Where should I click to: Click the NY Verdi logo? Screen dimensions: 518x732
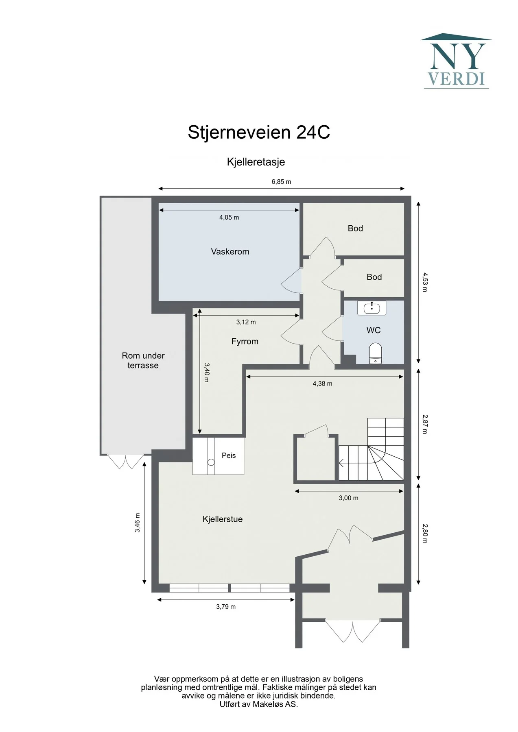[x=457, y=61]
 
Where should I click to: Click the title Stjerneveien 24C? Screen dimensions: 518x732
[x=259, y=132]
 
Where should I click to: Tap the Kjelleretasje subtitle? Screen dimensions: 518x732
[x=256, y=162]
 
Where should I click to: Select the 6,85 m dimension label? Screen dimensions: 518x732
[x=282, y=182]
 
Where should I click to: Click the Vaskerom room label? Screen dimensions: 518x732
[x=230, y=252]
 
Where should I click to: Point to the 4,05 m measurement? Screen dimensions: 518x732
[x=229, y=218]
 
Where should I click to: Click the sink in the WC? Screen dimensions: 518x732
[x=372, y=308]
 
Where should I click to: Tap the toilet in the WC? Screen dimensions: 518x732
[x=375, y=353]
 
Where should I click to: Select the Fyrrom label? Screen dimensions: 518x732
[x=245, y=342]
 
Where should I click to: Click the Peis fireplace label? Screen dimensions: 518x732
[x=229, y=455]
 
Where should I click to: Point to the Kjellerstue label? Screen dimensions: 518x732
[x=223, y=519]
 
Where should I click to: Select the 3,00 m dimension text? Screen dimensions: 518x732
[x=349, y=498]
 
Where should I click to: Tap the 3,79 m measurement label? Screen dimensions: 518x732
[x=226, y=607]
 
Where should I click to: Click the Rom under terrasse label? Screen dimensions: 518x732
[x=143, y=361]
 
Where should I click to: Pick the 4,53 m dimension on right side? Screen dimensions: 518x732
[x=425, y=282]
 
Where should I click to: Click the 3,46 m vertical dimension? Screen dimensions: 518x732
[x=138, y=523]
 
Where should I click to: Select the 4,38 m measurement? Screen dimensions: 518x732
[x=323, y=384]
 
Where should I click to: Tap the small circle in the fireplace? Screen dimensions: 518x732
[x=211, y=462]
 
